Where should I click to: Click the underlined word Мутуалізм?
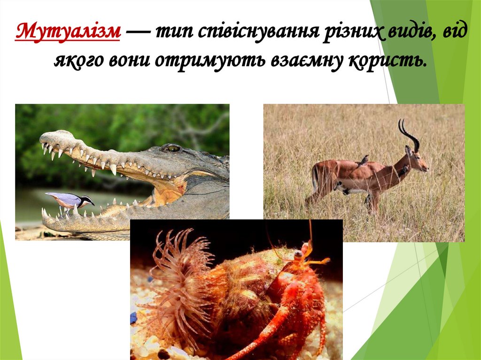[x=68, y=32]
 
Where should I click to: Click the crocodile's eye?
[x=172, y=148]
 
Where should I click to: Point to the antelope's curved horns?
[x=408, y=133]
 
